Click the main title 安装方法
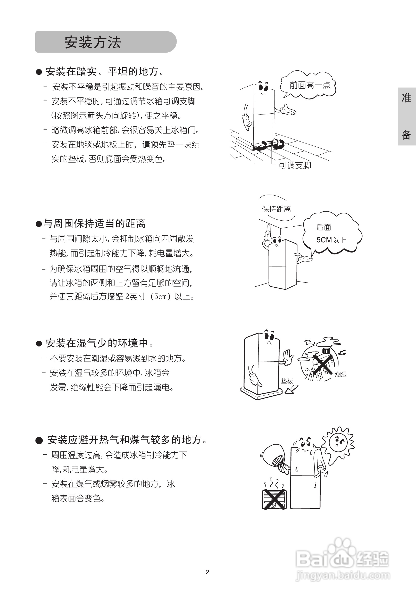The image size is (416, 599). click(x=93, y=42)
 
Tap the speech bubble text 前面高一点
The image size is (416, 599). click(x=310, y=85)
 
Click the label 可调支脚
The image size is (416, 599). click(x=295, y=165)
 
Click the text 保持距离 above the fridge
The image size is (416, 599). click(x=276, y=209)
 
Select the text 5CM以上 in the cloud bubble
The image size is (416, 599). click(x=331, y=240)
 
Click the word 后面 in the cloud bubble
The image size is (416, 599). click(x=324, y=227)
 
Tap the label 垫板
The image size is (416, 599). click(x=287, y=381)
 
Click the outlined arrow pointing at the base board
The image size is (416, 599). click(x=292, y=389)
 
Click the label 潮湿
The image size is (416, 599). click(x=340, y=374)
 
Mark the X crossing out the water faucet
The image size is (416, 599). click(x=322, y=364)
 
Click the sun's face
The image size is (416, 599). click(x=338, y=442)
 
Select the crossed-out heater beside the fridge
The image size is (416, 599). click(x=274, y=499)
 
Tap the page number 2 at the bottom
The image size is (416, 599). click(x=207, y=572)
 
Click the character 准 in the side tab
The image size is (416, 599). click(x=406, y=98)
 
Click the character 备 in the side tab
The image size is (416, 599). click(x=406, y=135)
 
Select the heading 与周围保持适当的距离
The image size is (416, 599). click(x=94, y=223)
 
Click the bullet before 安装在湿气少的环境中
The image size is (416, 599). click(x=39, y=344)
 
